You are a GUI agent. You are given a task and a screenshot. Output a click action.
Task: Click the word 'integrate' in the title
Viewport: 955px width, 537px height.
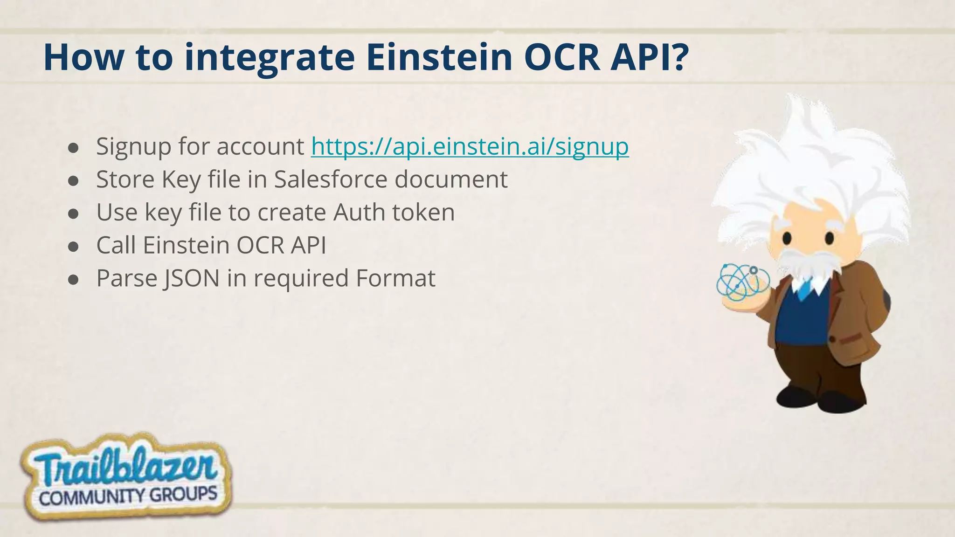click(269, 58)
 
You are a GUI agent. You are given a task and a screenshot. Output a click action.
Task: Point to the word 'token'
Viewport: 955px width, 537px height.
click(423, 213)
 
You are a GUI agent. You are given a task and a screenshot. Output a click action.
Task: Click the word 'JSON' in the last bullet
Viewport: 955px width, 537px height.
click(191, 278)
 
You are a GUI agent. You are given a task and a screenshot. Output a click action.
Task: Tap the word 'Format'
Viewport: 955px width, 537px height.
click(395, 278)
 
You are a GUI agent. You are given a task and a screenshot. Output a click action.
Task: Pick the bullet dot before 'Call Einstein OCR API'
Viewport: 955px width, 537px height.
click(73, 247)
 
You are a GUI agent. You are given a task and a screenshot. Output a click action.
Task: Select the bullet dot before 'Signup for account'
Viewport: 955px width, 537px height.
click(73, 148)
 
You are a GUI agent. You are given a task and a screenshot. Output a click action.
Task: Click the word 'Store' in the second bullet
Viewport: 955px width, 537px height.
click(125, 179)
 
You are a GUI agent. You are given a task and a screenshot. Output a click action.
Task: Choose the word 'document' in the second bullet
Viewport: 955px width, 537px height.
click(451, 179)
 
